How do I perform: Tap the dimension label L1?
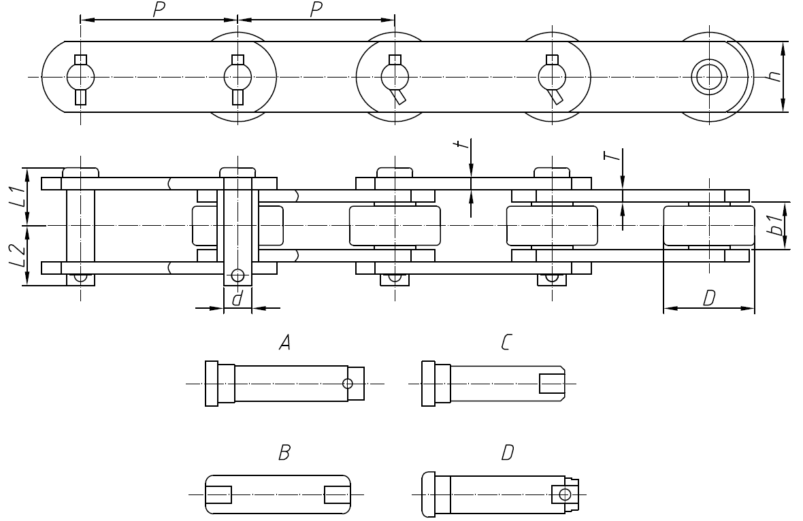tap(15, 194)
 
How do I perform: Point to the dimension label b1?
tap(773, 225)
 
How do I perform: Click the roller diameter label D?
tap(708, 297)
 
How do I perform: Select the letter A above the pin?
tap(285, 344)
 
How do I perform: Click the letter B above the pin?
tap(285, 454)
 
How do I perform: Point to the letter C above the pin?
tap(504, 344)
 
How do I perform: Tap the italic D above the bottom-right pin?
tap(507, 454)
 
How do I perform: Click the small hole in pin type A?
tap(348, 384)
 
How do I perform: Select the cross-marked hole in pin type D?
tap(564, 494)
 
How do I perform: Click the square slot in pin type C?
tap(551, 384)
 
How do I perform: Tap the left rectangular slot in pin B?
tap(219, 494)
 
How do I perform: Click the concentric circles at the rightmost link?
tap(708, 77)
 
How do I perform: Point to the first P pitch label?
tap(159, 10)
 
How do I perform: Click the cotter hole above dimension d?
tap(237, 275)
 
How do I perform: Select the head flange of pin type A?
tap(212, 384)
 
